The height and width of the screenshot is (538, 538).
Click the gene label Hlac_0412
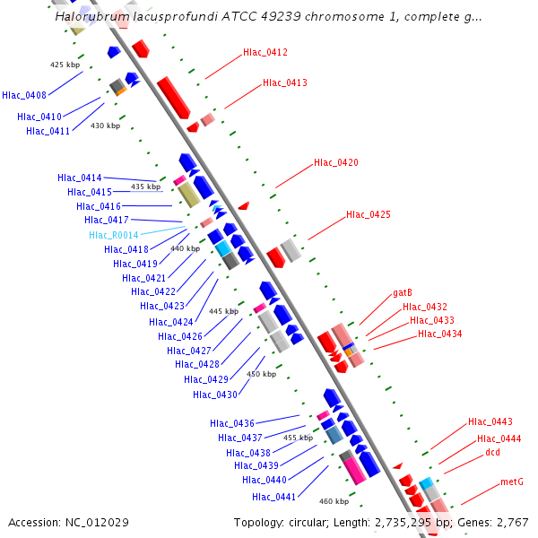coord(265,53)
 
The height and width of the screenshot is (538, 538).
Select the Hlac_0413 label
coord(284,83)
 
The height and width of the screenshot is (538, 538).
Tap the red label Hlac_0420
coord(335,163)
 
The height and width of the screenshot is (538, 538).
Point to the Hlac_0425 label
coord(368,214)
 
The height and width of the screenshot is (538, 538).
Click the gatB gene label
coord(402,293)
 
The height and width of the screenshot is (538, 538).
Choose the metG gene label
coord(511,482)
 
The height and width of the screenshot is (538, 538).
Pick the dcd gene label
coord(492,453)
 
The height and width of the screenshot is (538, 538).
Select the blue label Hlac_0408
coord(24,94)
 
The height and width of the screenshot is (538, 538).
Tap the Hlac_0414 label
coord(79,178)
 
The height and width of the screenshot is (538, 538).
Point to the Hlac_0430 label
coord(214,395)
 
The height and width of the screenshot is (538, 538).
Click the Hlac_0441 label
coord(273,497)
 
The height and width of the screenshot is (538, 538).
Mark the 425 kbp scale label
coord(64,65)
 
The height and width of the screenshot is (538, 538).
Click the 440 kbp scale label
coord(185,248)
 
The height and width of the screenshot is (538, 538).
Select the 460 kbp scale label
coord(333,501)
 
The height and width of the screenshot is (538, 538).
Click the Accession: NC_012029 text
coord(69,522)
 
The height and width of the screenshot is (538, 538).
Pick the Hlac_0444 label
coord(499,438)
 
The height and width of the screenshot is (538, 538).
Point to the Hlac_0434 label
coord(439,334)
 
